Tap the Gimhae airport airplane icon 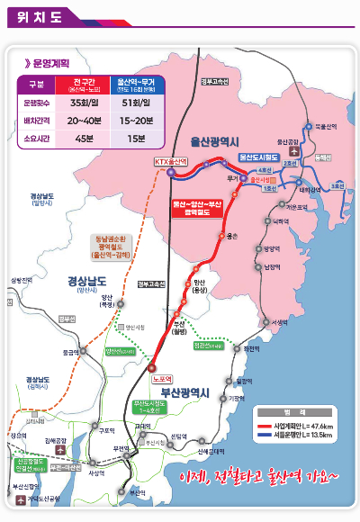[x=60, y=448]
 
